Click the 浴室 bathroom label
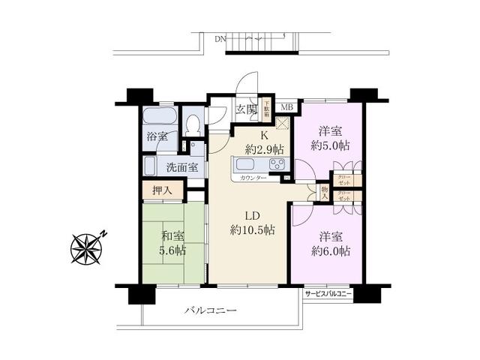(157, 137)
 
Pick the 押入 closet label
(162, 190)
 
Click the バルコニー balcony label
(211, 310)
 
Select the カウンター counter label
(253, 178)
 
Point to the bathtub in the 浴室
(158, 118)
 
